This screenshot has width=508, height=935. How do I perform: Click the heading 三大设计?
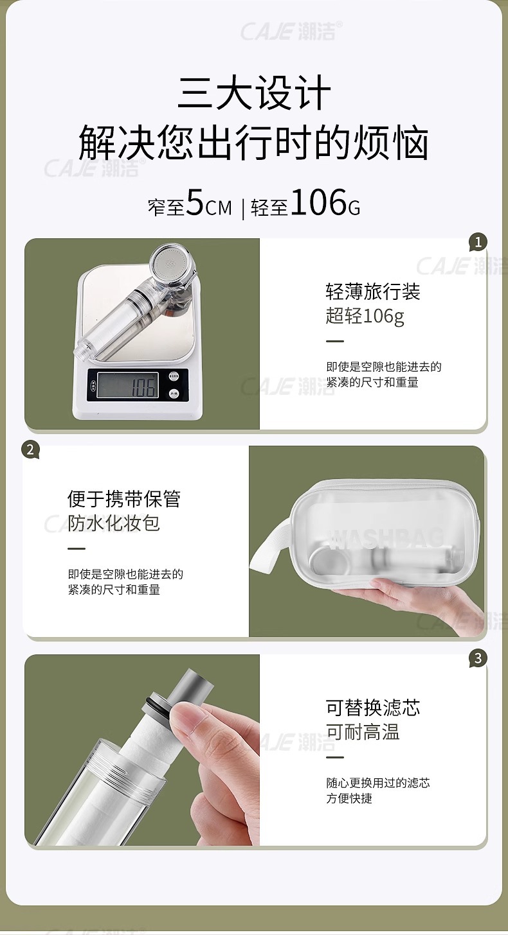(254, 94)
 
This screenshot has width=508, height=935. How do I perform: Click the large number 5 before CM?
(195, 204)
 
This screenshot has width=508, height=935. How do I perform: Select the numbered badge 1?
(477, 242)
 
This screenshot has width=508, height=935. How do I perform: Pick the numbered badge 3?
(477, 658)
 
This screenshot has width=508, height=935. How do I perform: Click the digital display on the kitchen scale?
(127, 386)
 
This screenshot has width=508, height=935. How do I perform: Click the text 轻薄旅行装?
(372, 292)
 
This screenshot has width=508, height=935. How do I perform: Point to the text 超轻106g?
(365, 317)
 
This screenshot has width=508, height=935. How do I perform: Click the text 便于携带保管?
(124, 499)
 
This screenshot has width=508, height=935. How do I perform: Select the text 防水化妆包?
(114, 523)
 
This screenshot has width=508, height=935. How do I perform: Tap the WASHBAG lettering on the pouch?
(386, 538)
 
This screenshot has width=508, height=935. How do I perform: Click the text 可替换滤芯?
(372, 708)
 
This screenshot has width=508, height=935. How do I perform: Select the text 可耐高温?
(363, 732)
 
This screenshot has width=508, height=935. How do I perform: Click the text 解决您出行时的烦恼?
(254, 144)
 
